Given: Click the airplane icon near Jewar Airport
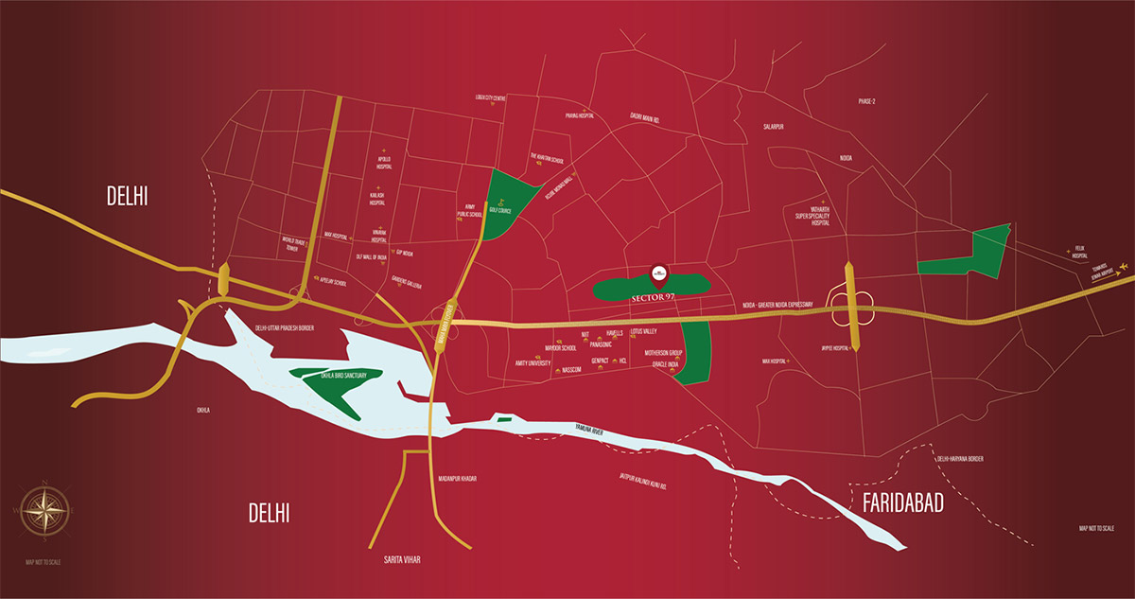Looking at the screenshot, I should pyautogui.click(x=1123, y=266).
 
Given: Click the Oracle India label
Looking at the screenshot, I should pyautogui.click(x=661, y=363).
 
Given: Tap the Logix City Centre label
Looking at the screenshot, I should pyautogui.click(x=492, y=97).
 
